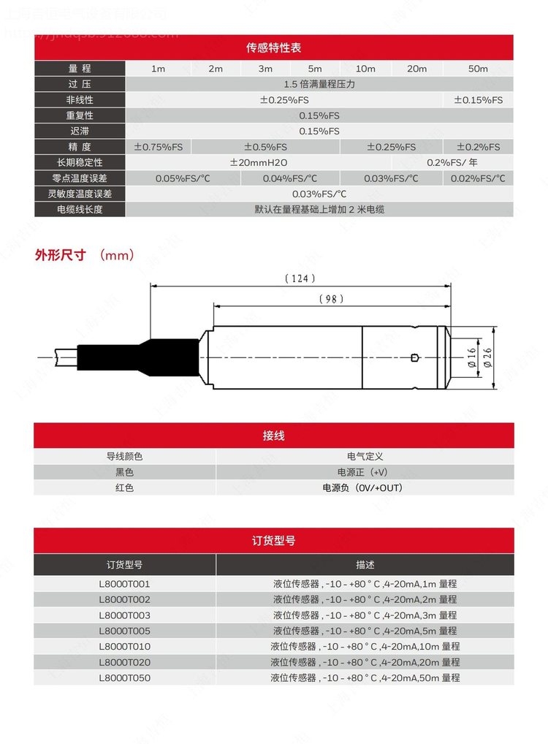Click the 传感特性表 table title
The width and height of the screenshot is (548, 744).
(x=273, y=48)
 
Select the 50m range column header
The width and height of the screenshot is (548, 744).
(x=478, y=69)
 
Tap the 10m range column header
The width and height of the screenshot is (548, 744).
(x=365, y=69)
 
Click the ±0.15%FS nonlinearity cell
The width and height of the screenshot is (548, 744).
(x=479, y=99)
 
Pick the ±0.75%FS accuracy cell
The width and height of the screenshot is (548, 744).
(x=159, y=147)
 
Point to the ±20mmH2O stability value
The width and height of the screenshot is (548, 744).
(x=259, y=162)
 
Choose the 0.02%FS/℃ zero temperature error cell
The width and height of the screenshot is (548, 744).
(x=479, y=178)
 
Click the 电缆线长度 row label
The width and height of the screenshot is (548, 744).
(x=80, y=209)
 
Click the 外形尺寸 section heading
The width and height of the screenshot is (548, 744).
(x=61, y=255)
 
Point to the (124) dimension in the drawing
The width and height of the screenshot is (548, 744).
(x=300, y=278)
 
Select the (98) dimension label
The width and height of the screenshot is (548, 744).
(x=332, y=299)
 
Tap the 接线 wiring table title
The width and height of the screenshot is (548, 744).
(x=273, y=436)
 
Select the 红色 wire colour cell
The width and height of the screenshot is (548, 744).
(x=124, y=487)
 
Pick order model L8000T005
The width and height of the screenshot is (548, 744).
(x=124, y=631)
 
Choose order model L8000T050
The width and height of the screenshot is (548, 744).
(x=124, y=677)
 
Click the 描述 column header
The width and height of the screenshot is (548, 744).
(x=365, y=565)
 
